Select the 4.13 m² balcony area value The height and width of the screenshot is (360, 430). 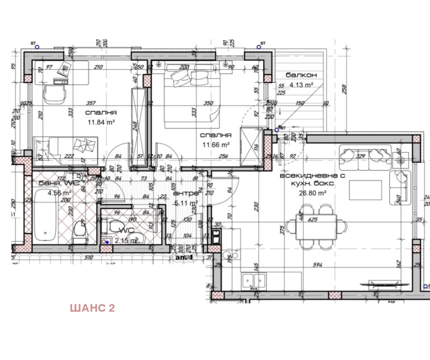(302, 84)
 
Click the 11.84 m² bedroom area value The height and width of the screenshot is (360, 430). (102, 122)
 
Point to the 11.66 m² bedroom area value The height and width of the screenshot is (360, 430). (215, 145)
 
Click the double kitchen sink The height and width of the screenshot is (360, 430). (255, 280)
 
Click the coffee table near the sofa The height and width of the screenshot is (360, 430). (366, 190)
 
